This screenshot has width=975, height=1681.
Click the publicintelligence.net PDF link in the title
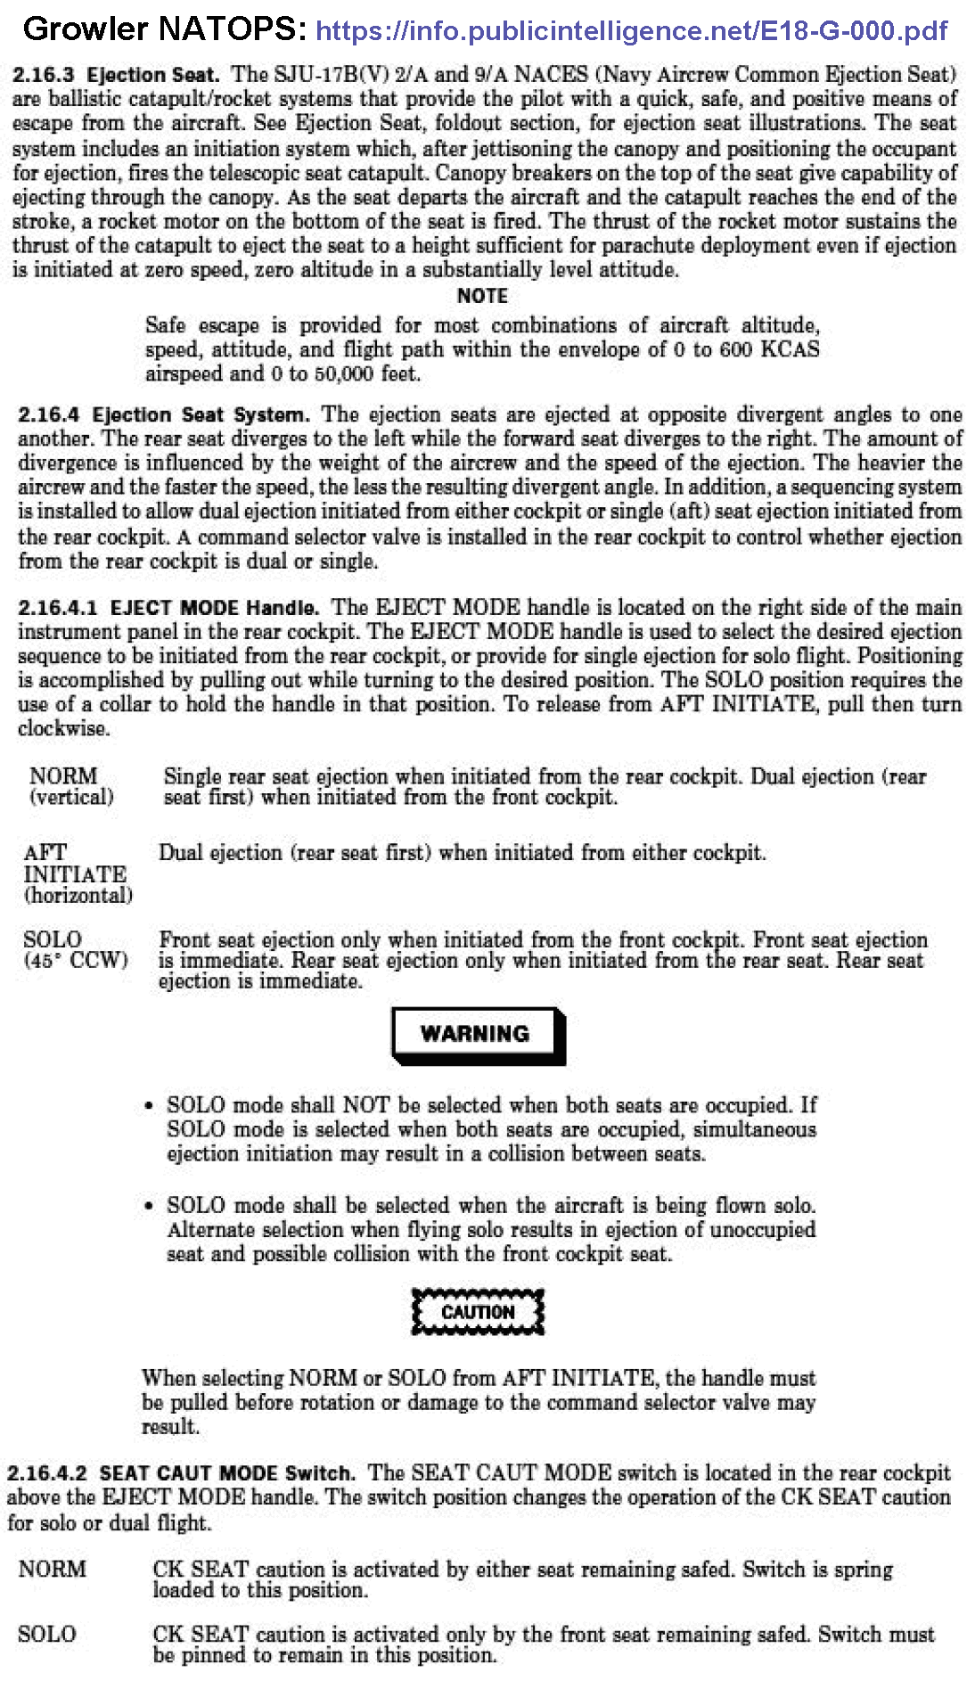tap(631, 31)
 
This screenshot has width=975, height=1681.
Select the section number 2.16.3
tap(43, 75)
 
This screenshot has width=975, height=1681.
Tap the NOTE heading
tap(482, 296)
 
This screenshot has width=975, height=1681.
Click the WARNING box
tap(477, 1034)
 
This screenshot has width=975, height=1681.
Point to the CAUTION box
tap(478, 1312)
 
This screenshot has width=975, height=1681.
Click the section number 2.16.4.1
tap(57, 608)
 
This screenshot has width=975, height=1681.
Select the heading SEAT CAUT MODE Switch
tap(226, 1473)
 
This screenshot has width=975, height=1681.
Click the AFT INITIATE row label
tap(75, 863)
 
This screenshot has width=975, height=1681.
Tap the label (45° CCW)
tap(77, 961)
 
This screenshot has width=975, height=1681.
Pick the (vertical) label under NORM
tap(71, 797)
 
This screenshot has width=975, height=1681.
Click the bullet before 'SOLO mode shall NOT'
tap(150, 1106)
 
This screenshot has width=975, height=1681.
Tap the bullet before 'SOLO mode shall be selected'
tap(150, 1206)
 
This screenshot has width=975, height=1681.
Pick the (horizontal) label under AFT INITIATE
tap(78, 895)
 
